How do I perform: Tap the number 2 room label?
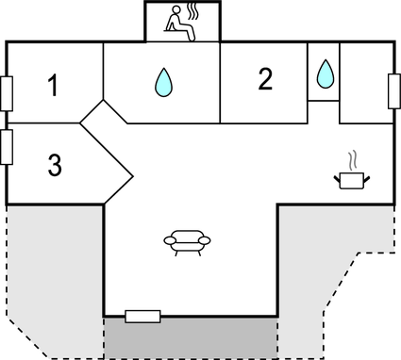[265, 80]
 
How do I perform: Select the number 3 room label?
[55, 166]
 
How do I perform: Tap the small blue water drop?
[325, 73]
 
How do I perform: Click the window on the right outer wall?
[393, 91]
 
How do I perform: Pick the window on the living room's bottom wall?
[143, 317]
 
